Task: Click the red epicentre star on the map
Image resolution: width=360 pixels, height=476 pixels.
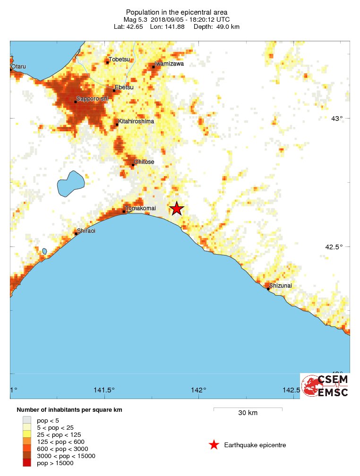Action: point(177,208)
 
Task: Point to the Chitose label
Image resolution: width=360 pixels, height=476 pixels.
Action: point(144,162)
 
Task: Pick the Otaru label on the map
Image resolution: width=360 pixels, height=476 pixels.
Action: point(18,66)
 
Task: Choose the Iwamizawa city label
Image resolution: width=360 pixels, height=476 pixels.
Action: point(169,63)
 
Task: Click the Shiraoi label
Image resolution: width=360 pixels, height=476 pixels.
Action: point(86,231)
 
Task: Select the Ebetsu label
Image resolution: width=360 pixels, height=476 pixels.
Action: point(124,87)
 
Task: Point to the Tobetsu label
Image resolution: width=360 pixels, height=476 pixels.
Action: point(119,59)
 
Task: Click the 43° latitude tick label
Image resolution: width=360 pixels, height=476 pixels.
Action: point(336,118)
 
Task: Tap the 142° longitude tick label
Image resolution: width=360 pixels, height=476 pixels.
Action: point(199,390)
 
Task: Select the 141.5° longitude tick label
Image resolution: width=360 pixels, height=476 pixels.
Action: point(104,390)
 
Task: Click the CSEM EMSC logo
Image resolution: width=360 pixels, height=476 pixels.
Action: point(325,385)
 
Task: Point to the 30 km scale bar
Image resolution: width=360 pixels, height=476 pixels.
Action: point(248,408)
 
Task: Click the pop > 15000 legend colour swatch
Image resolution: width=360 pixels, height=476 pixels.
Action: point(28,463)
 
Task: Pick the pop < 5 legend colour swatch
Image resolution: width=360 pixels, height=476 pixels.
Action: point(28,420)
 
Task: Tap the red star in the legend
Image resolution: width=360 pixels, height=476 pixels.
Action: point(214,445)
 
